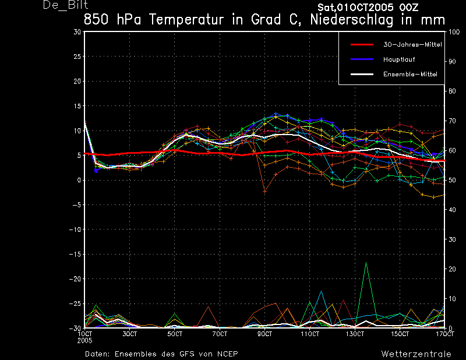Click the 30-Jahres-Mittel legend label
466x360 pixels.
tap(412, 45)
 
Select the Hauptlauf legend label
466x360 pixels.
tap(399, 59)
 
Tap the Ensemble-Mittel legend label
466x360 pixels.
tap(410, 74)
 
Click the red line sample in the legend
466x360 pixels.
tap(362, 45)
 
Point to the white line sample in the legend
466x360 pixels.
tap(362, 74)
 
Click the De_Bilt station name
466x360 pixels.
tap(66, 5)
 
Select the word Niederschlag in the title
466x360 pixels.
tap(352, 20)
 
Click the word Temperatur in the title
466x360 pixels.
tap(186, 20)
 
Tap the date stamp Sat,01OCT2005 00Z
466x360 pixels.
tap(368, 7)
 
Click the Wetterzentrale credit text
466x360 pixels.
tap(416, 354)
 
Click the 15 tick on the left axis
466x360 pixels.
tap(77, 106)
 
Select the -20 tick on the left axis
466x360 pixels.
tap(75, 279)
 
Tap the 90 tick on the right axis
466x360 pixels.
tap(452, 62)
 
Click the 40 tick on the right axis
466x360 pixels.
tap(452, 210)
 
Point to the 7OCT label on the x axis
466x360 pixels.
tap(220, 334)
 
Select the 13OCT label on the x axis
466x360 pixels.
tap(355, 334)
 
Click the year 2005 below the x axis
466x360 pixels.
tap(84, 341)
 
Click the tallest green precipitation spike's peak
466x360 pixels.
tap(366, 263)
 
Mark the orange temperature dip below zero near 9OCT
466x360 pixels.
tap(264, 192)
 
